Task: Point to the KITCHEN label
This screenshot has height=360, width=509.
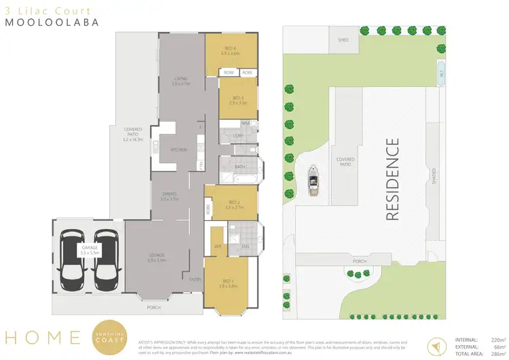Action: tap(178, 149)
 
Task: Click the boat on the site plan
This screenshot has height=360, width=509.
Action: tap(314, 182)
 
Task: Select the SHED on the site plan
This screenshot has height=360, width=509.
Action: tap(343, 40)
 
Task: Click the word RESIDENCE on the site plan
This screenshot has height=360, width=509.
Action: tap(392, 179)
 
